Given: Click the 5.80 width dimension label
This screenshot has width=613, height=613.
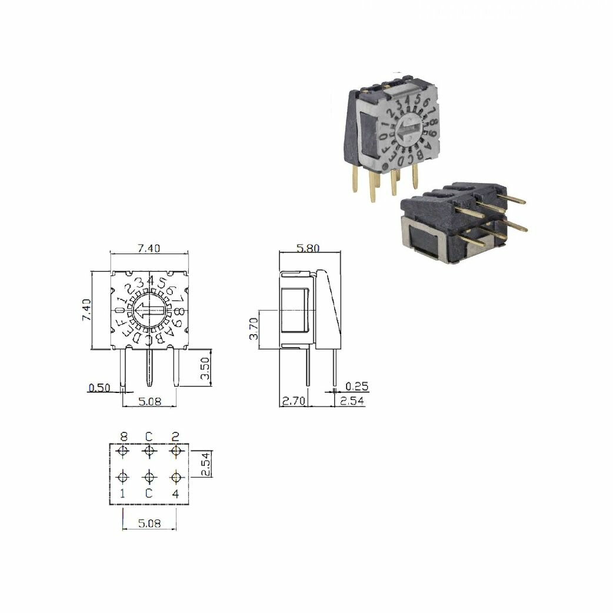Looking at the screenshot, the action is click(308, 248).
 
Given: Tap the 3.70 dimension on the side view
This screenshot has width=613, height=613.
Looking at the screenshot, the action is click(254, 328).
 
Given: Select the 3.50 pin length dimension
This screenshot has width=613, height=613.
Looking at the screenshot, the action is click(205, 368).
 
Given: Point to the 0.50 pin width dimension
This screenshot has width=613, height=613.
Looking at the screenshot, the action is click(99, 388).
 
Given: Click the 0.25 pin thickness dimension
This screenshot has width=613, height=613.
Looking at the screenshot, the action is click(357, 387).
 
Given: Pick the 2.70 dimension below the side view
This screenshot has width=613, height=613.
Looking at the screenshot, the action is click(294, 401).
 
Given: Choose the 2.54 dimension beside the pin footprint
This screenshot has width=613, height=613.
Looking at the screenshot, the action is click(206, 464).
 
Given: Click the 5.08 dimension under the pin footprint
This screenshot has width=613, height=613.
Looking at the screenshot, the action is click(149, 523).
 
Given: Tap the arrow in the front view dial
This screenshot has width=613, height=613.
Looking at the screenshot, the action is click(149, 311).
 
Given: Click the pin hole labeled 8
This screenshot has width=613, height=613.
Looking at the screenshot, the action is click(123, 452).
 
